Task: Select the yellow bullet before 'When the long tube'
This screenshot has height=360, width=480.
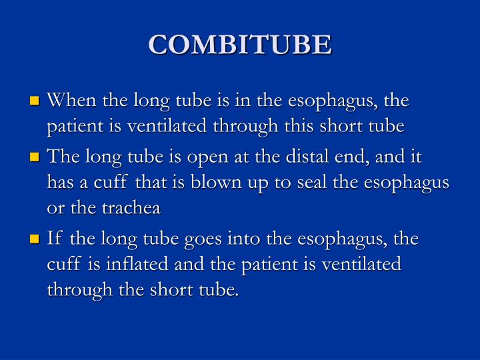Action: (x=35, y=102)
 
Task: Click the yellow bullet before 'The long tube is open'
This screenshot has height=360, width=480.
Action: (x=35, y=158)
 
